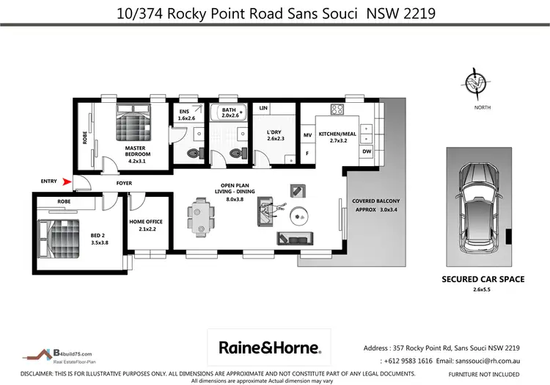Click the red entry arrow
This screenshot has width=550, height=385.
tap(67, 182)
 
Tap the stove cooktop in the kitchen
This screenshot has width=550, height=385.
tap(337, 110)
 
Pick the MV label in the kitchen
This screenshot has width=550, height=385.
tap(308, 134)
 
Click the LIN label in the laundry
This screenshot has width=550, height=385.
tap(263, 109)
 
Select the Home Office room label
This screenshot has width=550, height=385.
tap(145, 225)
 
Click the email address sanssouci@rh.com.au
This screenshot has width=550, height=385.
tap(477, 361)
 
